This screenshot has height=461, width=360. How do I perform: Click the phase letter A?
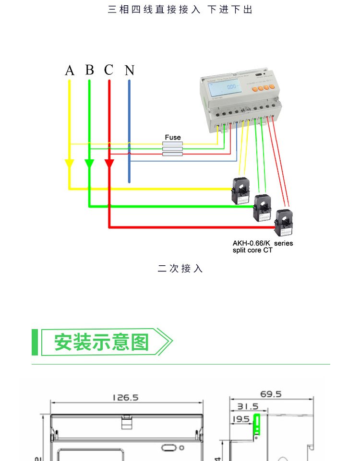point(70,71)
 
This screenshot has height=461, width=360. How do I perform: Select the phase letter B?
point(90,70)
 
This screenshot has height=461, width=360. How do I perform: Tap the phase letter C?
point(109,70)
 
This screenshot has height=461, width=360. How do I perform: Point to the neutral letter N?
point(130,71)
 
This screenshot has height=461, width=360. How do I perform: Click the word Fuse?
point(173,137)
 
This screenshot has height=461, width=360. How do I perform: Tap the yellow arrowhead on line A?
point(69,164)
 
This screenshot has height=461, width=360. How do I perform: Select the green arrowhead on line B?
point(89,164)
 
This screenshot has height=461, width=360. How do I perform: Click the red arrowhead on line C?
point(109,164)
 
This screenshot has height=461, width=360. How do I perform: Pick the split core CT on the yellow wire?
point(241,190)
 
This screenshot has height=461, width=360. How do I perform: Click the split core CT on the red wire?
point(284,223)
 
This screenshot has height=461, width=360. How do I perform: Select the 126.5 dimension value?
point(125,398)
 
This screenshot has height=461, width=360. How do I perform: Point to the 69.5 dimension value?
point(271,395)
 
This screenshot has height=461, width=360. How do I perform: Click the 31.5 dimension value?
point(248,407)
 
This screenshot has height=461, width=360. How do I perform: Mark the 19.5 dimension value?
point(240,419)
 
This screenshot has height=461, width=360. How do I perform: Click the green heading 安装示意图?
point(102,342)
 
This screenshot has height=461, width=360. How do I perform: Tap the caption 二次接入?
point(180,269)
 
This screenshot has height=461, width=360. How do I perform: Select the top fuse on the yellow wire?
point(173,143)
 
